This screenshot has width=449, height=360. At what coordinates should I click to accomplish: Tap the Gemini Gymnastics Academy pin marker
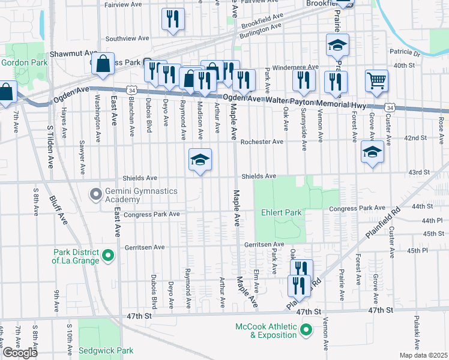[x=95, y=194]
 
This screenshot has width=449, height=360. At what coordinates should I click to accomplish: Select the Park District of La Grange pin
[x=108, y=256]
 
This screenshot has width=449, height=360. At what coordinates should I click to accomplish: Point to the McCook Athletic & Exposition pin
[x=306, y=329]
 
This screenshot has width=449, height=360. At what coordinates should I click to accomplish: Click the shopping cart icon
[x=376, y=80]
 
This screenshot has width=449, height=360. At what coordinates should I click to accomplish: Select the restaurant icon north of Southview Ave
[x=173, y=19]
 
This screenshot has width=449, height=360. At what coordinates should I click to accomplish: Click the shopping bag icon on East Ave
[x=103, y=64]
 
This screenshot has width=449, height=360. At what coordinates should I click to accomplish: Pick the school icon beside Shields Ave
[x=200, y=160]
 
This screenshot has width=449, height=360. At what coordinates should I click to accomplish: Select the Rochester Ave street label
[x=261, y=142]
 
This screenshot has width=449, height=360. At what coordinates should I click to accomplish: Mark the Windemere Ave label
[x=296, y=67]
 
